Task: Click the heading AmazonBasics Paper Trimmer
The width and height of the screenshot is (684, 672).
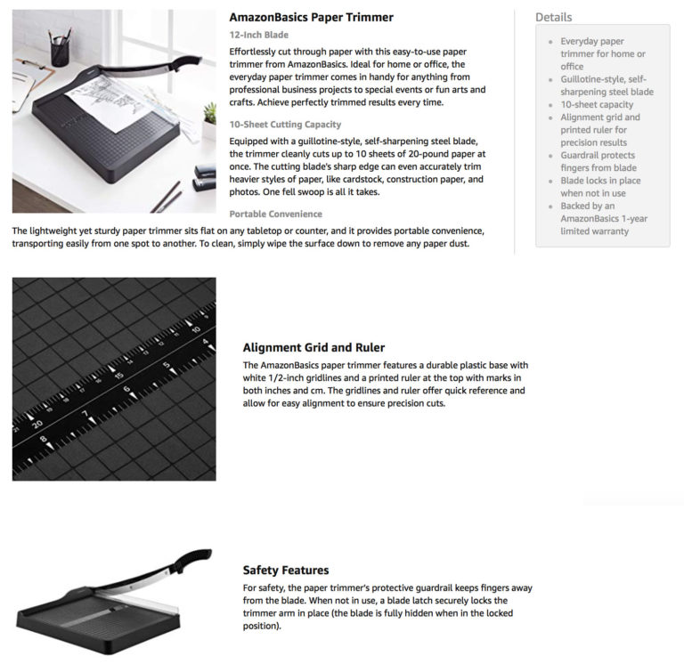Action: pyautogui.click(x=311, y=18)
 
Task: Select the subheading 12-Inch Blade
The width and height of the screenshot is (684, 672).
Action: pyautogui.click(x=258, y=35)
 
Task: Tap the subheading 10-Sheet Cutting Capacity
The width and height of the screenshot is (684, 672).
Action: pyautogui.click(x=285, y=125)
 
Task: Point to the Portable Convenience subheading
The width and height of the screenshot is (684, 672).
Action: pyautogui.click(x=276, y=214)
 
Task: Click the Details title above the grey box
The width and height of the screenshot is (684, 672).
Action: pyautogui.click(x=554, y=18)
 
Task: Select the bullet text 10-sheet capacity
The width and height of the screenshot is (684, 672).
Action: pyautogui.click(x=597, y=105)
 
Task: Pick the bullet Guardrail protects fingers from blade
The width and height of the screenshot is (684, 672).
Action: pyautogui.click(x=598, y=161)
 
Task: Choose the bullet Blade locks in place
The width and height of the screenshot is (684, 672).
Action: pyautogui.click(x=600, y=187)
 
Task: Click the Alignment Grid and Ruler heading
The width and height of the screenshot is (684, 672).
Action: pyautogui.click(x=313, y=347)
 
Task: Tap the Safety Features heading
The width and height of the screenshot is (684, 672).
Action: pyautogui.click(x=286, y=570)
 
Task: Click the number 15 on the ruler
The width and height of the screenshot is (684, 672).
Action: pyautogui.click(x=118, y=376)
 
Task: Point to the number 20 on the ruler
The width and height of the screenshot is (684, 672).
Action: pyautogui.click(x=37, y=424)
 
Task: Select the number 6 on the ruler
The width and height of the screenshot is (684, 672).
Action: pyautogui.click(x=127, y=389)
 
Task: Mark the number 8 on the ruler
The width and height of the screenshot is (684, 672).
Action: pyautogui.click(x=43, y=439)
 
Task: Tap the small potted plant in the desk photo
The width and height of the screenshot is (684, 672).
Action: pyautogui.click(x=210, y=120)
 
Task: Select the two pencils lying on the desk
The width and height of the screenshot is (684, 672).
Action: pyautogui.click(x=167, y=198)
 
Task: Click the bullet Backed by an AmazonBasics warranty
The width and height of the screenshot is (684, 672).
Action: pyautogui.click(x=604, y=218)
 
